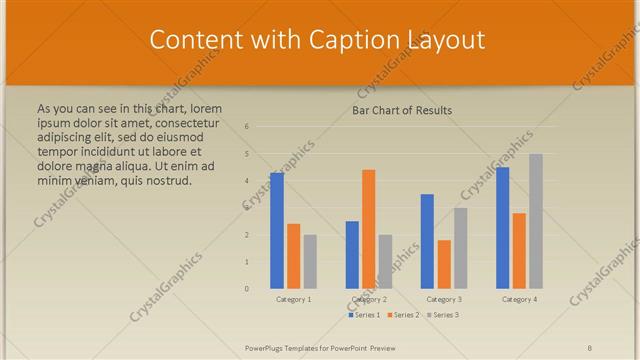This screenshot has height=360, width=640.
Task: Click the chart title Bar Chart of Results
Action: click(x=402, y=110)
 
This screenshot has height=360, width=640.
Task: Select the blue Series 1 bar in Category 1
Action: click(x=277, y=231)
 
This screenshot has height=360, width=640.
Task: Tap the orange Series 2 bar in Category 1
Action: click(x=293, y=256)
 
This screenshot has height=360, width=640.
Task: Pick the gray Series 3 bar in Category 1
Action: click(x=310, y=262)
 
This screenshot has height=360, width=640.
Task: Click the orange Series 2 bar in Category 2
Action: click(x=368, y=229)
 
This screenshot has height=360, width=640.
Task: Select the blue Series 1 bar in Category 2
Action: click(x=352, y=255)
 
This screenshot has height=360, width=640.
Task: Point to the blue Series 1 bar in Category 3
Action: click(x=427, y=241)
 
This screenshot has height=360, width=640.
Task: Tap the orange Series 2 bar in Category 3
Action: click(x=444, y=264)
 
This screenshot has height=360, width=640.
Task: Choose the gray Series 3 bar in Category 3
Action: click(x=460, y=248)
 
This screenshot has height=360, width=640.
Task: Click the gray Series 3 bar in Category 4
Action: click(x=536, y=221)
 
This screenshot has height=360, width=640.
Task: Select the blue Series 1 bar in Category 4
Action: click(x=503, y=228)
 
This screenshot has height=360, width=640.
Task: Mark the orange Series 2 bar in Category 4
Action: click(x=519, y=251)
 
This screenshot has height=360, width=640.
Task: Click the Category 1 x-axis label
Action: click(x=294, y=299)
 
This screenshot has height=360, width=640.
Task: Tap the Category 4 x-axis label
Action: click(x=519, y=299)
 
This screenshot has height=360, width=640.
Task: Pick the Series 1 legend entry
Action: click(x=364, y=315)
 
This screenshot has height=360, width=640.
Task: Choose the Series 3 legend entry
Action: click(x=443, y=315)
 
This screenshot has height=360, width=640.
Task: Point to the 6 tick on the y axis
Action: click(x=247, y=127)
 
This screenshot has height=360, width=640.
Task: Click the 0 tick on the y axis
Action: click(x=247, y=289)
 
